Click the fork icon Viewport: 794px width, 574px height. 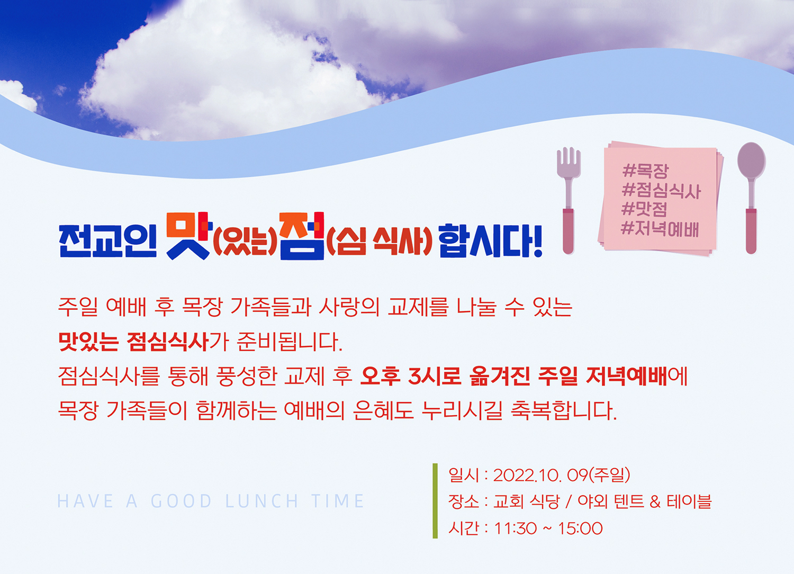[568, 200]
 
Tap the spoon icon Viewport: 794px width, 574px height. [751, 198]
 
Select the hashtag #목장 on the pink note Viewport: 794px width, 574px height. [645, 171]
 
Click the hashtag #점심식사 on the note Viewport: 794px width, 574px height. [661, 191]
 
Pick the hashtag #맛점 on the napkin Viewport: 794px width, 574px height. [644, 209]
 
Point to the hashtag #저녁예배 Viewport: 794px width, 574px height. [660, 229]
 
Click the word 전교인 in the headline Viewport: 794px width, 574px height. [108, 241]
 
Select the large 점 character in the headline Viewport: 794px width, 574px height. [301, 236]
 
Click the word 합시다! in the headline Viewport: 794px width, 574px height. [491, 241]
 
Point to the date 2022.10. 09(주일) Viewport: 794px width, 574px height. [561, 476]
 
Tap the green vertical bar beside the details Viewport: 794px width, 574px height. [435, 501]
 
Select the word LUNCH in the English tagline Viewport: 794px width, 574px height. [262, 501]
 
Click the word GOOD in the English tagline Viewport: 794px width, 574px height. [181, 501]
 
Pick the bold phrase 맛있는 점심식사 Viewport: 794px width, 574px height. [133, 342]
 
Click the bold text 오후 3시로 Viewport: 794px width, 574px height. [410, 376]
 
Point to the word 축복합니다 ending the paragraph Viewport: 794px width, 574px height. [564, 410]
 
